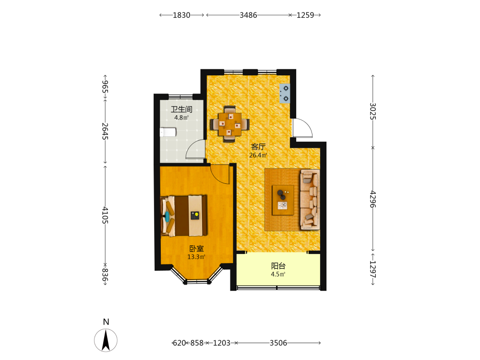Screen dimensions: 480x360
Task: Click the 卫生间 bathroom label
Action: pos(181,109)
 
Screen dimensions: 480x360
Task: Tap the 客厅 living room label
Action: pos(258,147)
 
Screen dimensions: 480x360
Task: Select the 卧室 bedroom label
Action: pos(196,249)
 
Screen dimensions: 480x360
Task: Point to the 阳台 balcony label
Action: pos(278,266)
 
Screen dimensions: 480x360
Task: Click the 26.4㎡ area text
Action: pos(258,155)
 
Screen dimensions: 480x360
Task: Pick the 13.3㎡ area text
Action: pos(196,257)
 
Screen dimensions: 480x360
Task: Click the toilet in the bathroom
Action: pos(168,132)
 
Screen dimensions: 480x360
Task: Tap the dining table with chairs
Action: pos(229,124)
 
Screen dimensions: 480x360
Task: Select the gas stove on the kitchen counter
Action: pos(285,94)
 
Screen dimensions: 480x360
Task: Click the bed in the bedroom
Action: pos(184,216)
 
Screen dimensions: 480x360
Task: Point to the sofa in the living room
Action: pos(310,200)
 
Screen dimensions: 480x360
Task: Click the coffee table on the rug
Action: pos(283,200)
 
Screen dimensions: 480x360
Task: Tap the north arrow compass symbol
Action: pos(106,340)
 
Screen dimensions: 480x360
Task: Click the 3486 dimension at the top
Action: pos(248,15)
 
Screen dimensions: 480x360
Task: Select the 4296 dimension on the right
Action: pos(373,199)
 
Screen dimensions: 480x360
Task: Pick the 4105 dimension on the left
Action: pos(105,215)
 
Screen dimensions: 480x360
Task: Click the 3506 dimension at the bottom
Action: pos(278,343)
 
